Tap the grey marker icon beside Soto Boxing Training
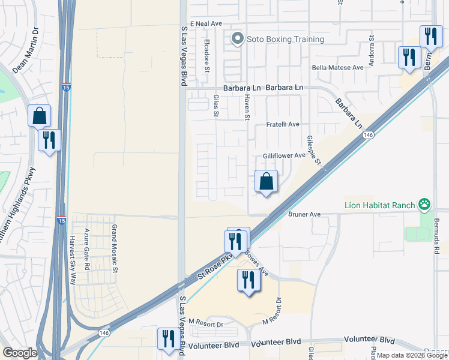pos(238,40)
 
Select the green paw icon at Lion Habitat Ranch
pos(424,205)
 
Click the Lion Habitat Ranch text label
pos(380,205)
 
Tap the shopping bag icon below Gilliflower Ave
pos(266,181)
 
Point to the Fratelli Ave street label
pos(283,125)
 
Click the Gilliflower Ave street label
pos(284,155)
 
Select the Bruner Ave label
pos(305,214)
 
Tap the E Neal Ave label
pos(206,23)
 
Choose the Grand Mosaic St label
pos(114,248)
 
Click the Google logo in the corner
pos(20,353)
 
